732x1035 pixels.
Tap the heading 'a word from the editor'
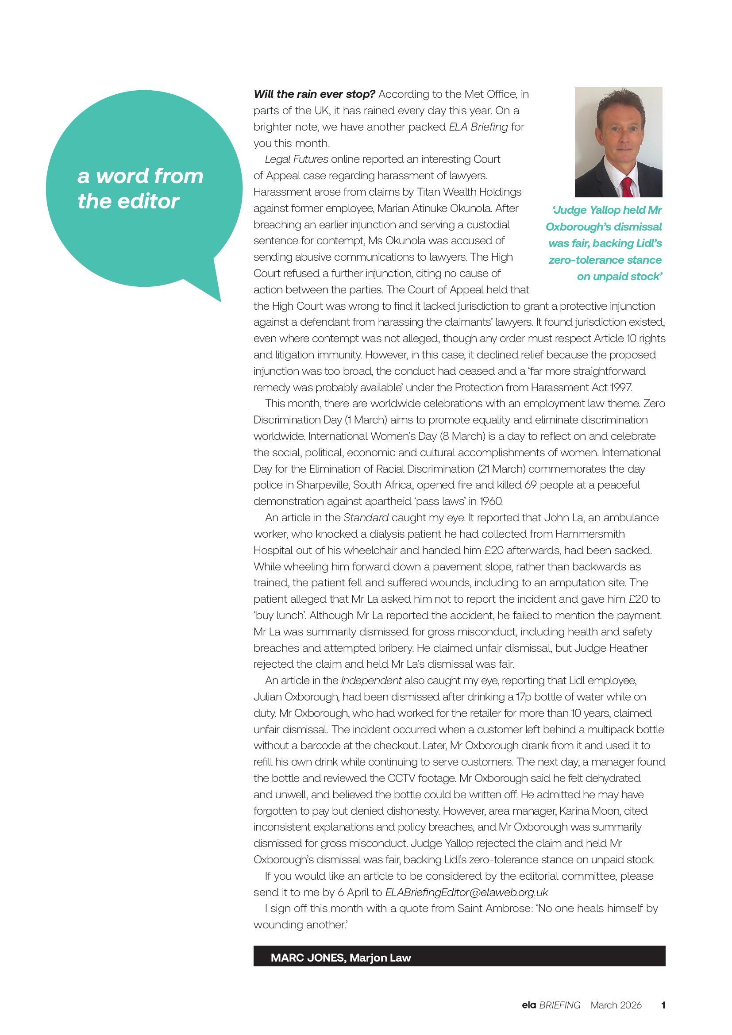coord(140,188)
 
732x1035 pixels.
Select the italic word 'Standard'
coord(366,518)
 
